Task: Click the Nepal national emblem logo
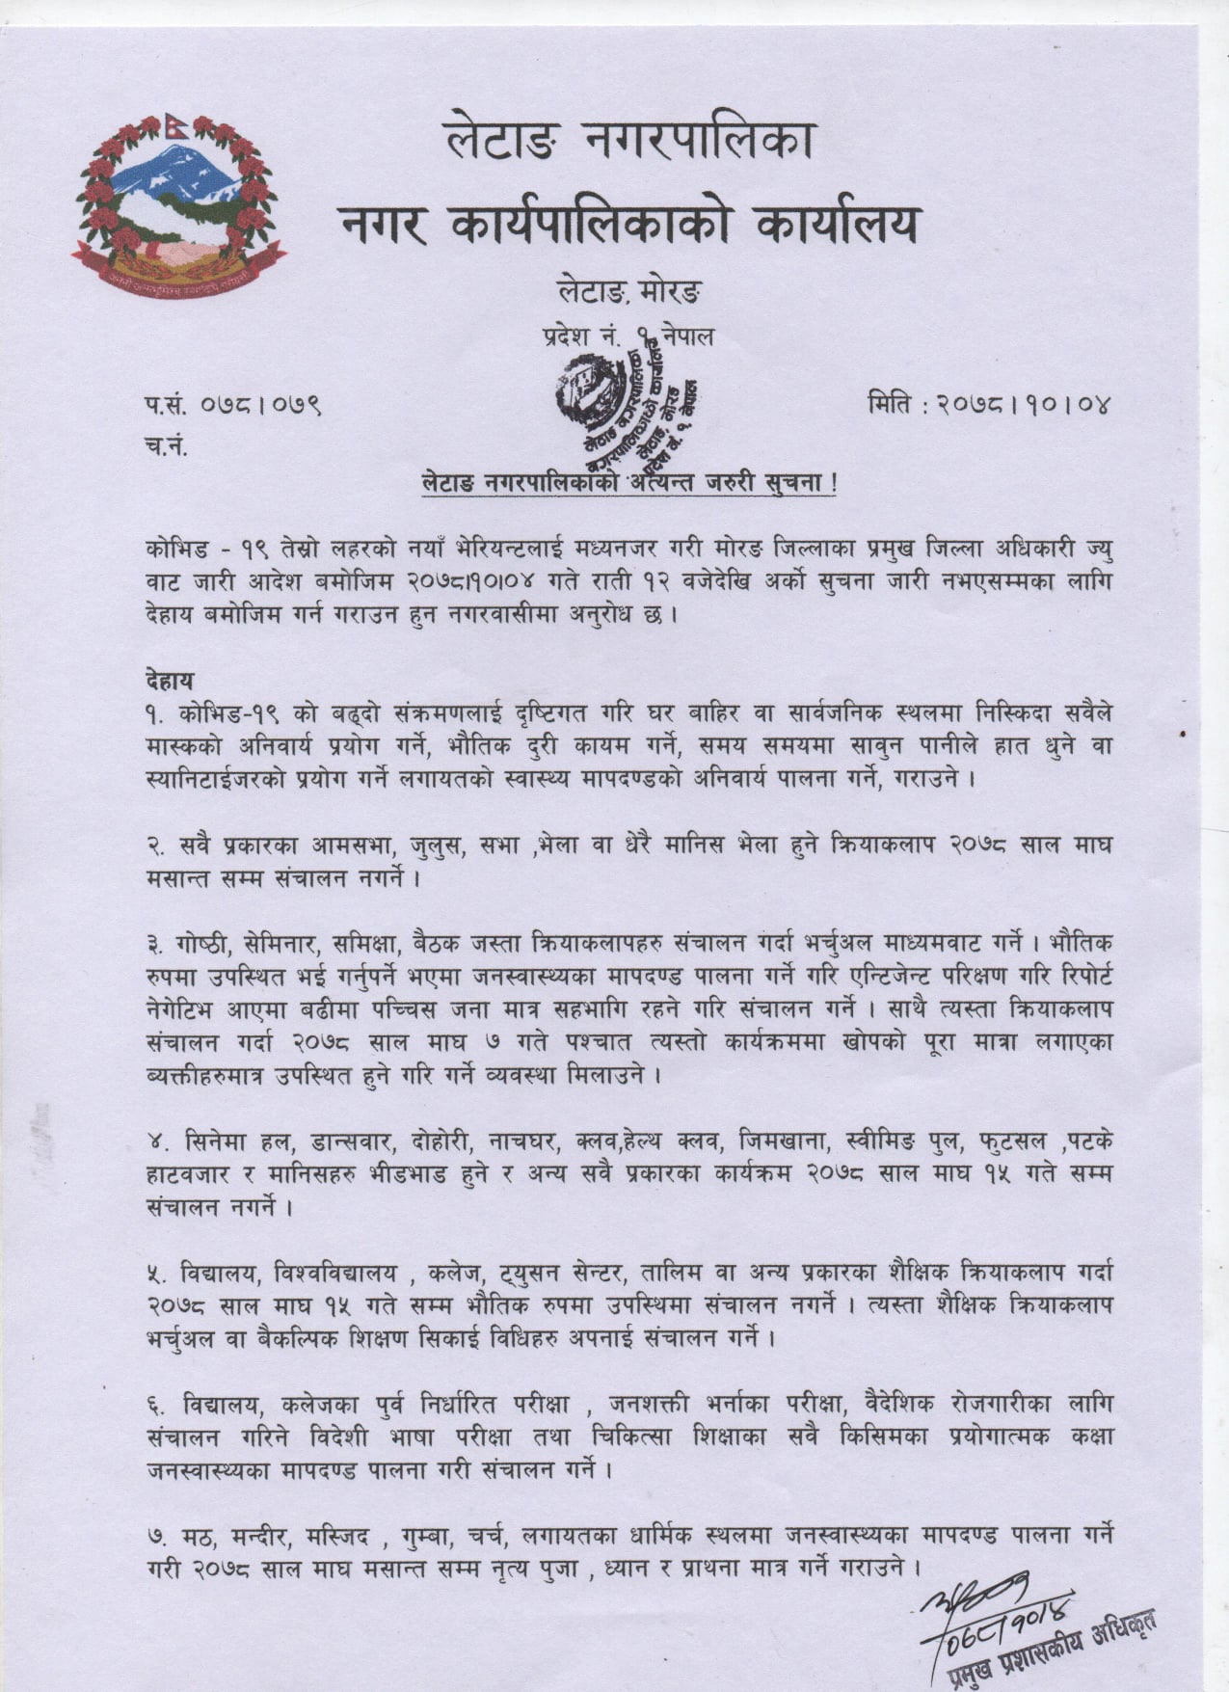click(x=179, y=201)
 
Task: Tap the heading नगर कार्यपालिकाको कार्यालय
click(x=629, y=225)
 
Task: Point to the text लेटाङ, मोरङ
click(x=629, y=289)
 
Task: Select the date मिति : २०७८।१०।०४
click(x=989, y=404)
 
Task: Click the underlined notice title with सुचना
click(x=629, y=483)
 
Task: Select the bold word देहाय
click(x=171, y=681)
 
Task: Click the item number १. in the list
click(x=158, y=714)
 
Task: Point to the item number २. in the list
click(x=158, y=846)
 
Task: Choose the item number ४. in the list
click(x=158, y=1141)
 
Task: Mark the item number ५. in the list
click(x=158, y=1274)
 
